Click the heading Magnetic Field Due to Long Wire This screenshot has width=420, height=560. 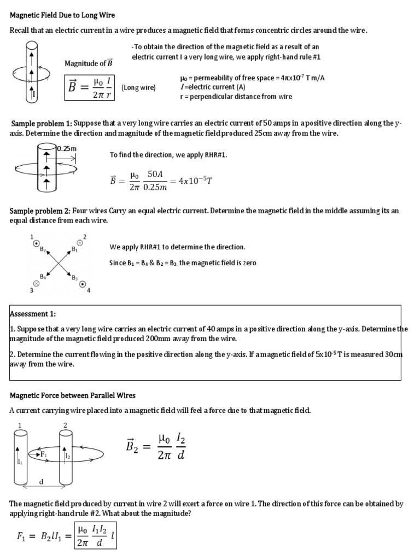click(62, 15)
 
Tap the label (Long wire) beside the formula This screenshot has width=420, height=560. click(138, 87)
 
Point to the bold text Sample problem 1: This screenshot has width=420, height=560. click(41, 124)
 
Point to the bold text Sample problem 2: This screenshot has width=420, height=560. click(41, 211)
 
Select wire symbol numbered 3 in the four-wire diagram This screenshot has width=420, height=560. click(36, 283)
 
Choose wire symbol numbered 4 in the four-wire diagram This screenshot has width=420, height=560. click(83, 283)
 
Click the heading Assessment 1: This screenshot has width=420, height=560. click(33, 314)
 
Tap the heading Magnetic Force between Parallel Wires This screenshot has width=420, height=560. click(73, 395)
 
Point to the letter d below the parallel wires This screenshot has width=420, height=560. click(42, 481)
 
